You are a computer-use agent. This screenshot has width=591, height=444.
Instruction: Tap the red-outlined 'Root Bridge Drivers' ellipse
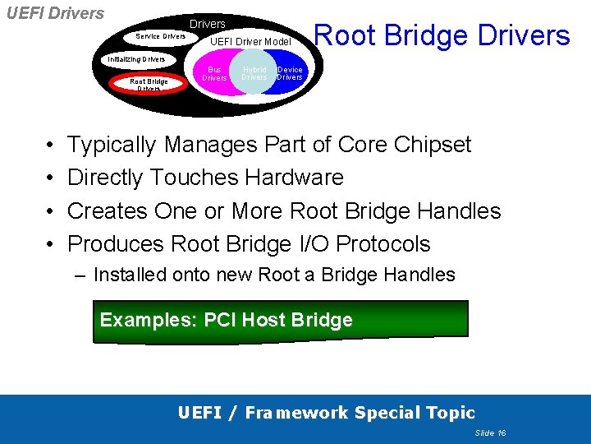[149, 85]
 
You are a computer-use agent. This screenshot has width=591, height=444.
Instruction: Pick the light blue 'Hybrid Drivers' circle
[254, 74]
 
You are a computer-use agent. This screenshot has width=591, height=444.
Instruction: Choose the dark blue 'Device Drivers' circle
[290, 74]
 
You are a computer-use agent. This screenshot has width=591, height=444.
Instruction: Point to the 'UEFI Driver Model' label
[250, 42]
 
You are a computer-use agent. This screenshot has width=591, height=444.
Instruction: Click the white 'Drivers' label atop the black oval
[208, 25]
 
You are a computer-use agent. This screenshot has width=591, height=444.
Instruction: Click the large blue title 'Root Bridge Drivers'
[442, 35]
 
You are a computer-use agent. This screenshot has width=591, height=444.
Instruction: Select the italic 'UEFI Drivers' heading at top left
[55, 13]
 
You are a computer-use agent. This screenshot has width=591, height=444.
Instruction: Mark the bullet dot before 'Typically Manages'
[51, 146]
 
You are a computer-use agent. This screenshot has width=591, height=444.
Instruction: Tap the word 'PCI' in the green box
[219, 320]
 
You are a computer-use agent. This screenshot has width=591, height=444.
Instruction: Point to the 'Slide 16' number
[490, 432]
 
